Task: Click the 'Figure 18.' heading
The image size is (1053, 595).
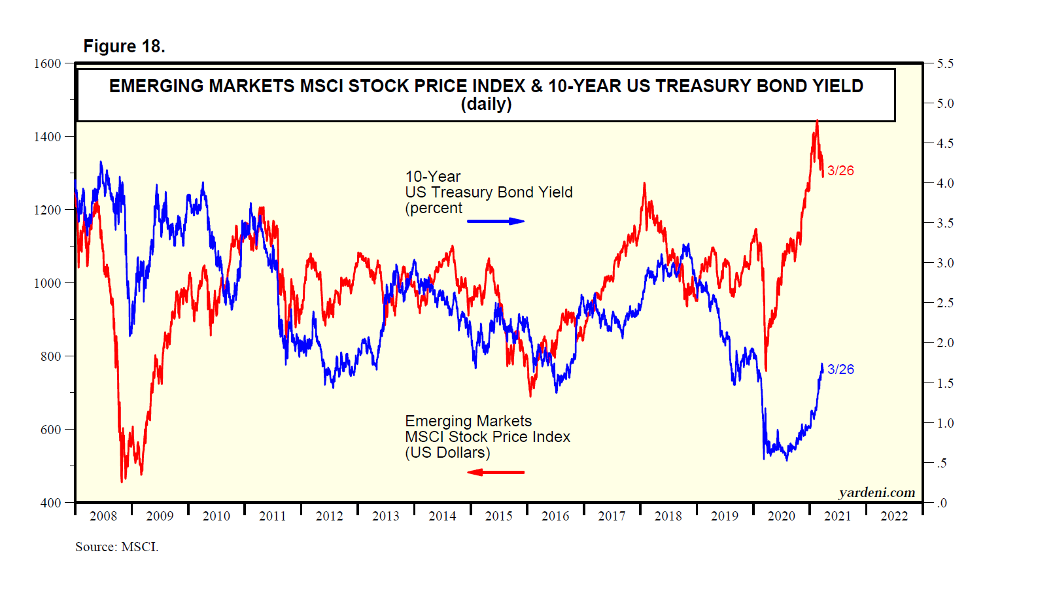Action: coord(124,46)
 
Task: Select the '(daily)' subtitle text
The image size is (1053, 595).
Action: coord(486,104)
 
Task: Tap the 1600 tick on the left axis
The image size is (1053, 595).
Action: coord(47,63)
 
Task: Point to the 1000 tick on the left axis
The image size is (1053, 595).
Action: coord(47,283)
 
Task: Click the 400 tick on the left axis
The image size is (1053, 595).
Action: coord(50,503)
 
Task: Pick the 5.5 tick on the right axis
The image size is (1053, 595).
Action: coord(945,63)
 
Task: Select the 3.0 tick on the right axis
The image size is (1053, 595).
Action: coord(945,263)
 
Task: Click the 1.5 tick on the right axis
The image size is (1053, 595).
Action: coord(945,383)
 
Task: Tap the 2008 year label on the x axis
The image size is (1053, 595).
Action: coord(103,516)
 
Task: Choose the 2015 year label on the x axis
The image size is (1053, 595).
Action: coord(499,516)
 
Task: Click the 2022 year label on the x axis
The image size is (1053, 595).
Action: coord(894,516)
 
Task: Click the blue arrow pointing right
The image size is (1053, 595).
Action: coord(496,221)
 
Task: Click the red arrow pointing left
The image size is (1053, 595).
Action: coord(496,472)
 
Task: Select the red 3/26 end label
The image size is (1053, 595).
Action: coord(840,171)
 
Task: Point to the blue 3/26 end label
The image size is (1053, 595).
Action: coord(840,369)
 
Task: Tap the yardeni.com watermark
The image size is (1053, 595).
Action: coord(877,492)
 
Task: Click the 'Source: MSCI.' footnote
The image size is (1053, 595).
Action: coord(116,547)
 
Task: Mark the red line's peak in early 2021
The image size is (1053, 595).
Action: coord(817,121)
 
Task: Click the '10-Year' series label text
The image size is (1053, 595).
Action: coord(433,177)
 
